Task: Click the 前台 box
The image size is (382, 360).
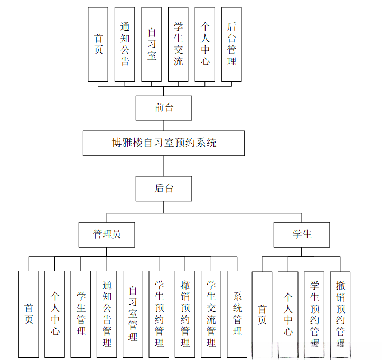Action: tap(164, 108)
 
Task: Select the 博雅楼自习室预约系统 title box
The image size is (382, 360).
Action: tap(164, 143)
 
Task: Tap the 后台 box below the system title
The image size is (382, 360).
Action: tap(164, 188)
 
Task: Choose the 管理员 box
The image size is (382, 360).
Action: tap(107, 234)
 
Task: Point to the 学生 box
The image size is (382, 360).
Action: tap(302, 234)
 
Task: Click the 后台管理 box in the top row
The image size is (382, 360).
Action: tap(231, 44)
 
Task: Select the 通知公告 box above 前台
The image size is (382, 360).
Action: tap(125, 44)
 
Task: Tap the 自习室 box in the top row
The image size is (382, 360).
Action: tap(152, 44)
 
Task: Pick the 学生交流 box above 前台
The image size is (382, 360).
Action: tap(178, 44)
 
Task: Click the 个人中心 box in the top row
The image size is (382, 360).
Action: tap(205, 44)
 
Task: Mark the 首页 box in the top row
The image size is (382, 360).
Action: tap(98, 44)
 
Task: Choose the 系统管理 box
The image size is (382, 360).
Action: tap(237, 314)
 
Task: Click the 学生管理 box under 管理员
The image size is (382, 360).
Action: tap(81, 314)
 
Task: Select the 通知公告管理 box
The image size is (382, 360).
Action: tap(107, 314)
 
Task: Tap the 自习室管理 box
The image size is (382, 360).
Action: tap(133, 314)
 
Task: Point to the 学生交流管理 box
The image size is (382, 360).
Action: tap(211, 314)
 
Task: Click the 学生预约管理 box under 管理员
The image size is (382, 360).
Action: tap(159, 314)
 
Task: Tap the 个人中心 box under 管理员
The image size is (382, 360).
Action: tap(55, 314)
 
